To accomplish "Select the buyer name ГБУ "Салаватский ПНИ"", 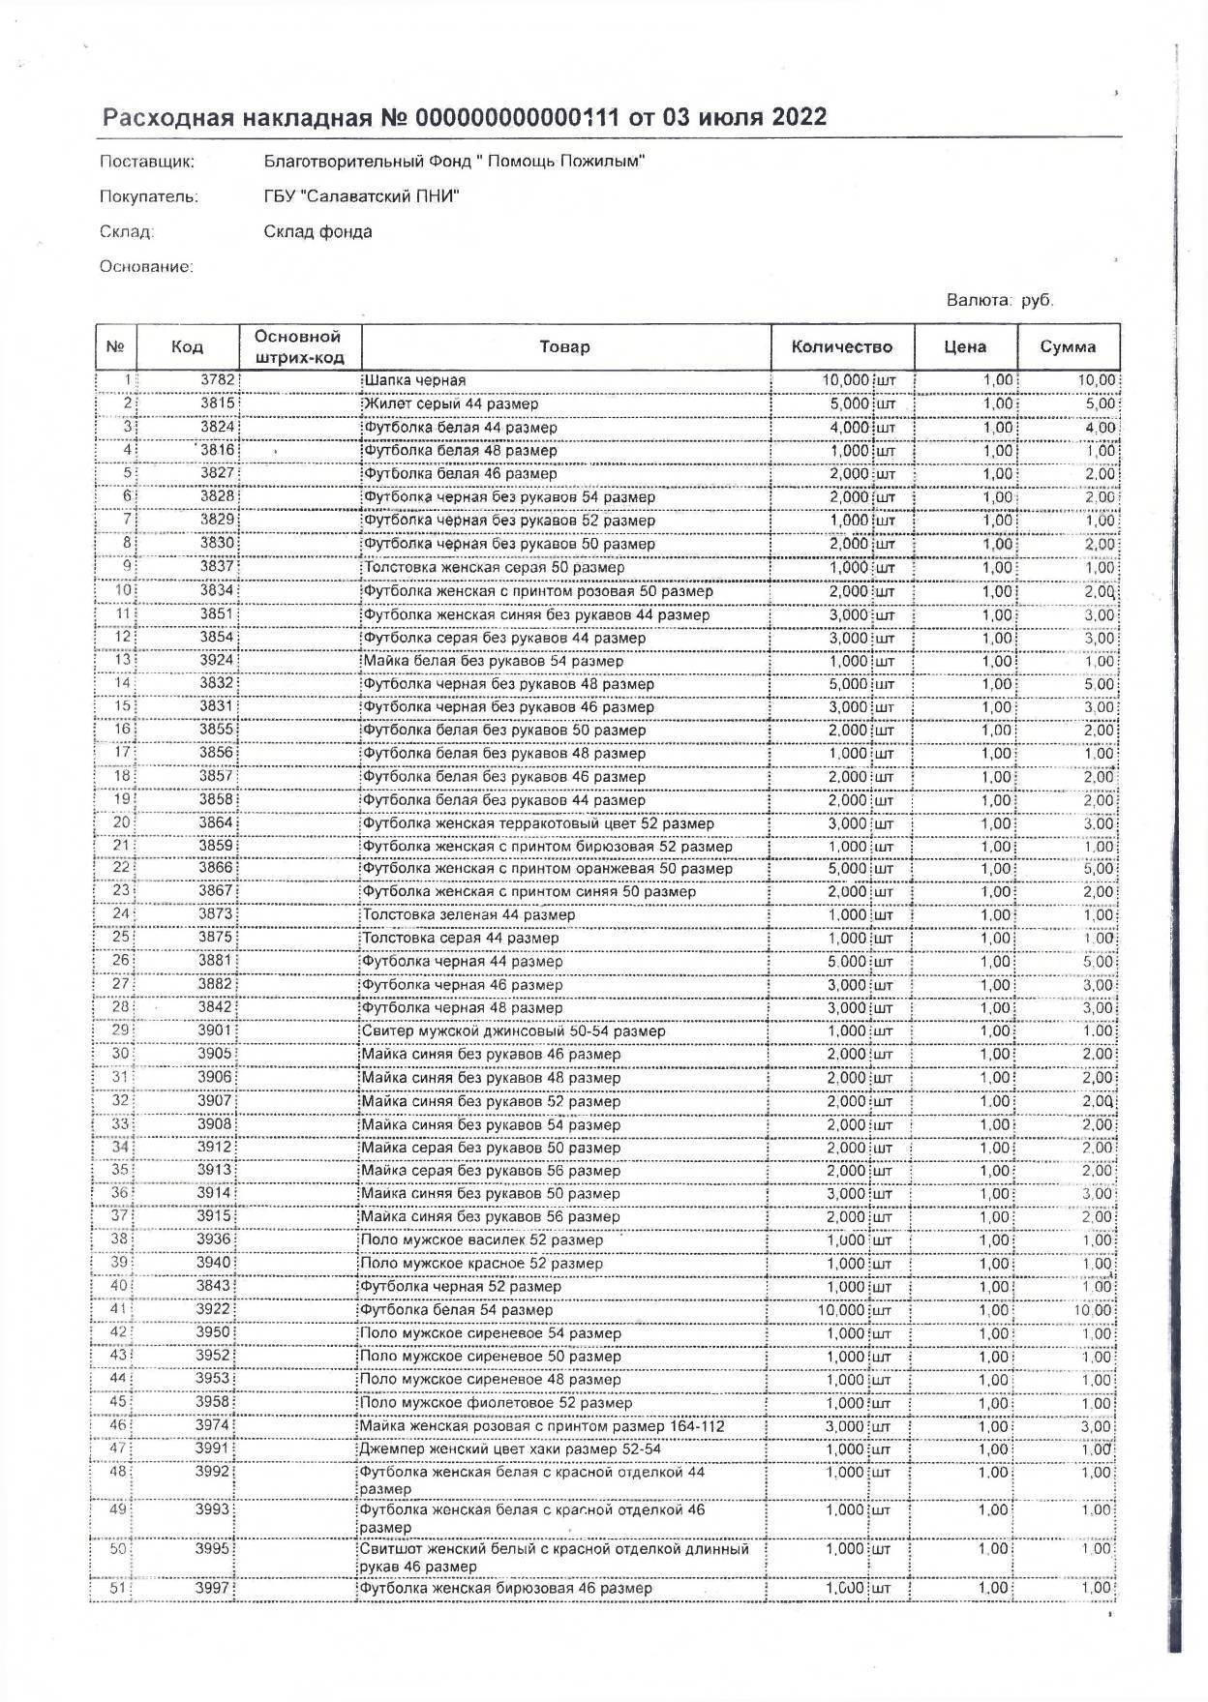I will [x=361, y=196].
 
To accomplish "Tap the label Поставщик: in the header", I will [x=147, y=162].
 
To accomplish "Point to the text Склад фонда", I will [x=317, y=231].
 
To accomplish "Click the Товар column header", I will [x=565, y=346].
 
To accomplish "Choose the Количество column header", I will [x=841, y=346].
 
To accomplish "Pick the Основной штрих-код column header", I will [x=298, y=346].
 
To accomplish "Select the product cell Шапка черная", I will [x=413, y=380].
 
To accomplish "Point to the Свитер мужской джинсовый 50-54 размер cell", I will [x=512, y=1031].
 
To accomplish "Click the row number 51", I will [x=119, y=1588].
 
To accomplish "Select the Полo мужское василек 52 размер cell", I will [x=481, y=1240].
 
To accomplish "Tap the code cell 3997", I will [x=215, y=1588].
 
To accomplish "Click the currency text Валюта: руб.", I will [x=1000, y=300].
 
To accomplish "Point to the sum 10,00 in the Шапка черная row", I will [x=1097, y=380].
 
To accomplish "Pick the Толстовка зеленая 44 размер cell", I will [x=468, y=914].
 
